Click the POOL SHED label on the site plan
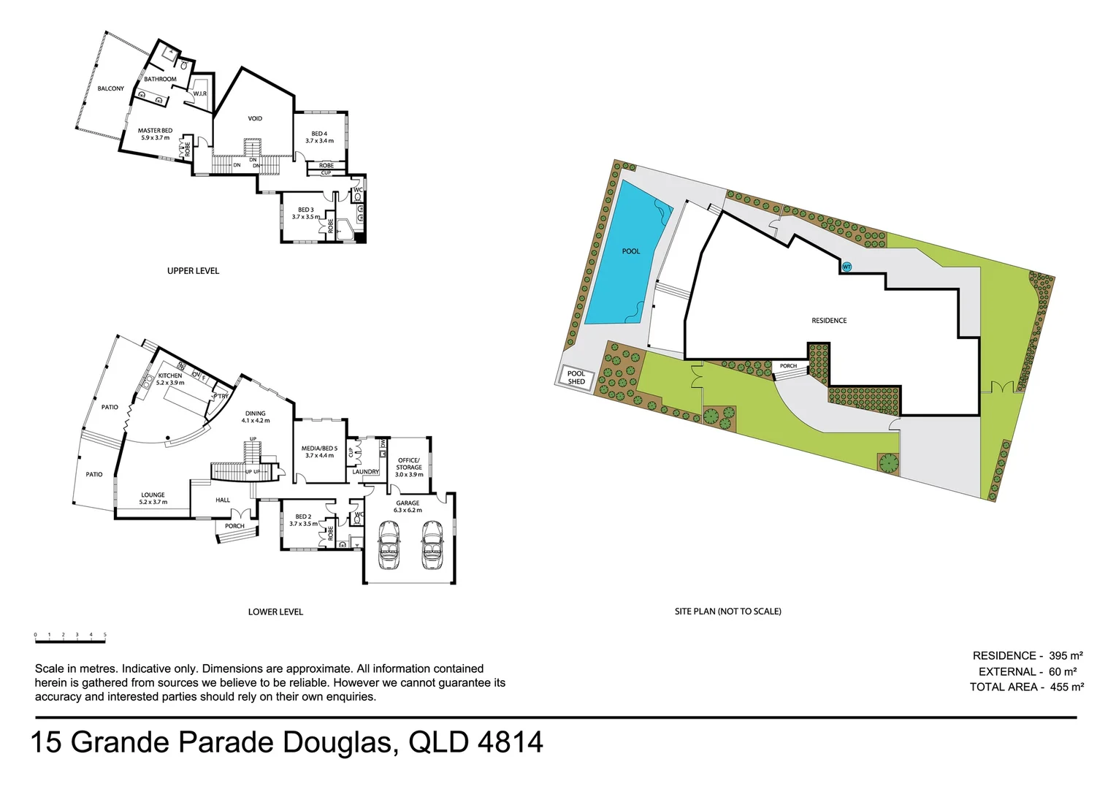tap(576, 378)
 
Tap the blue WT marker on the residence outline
tap(846, 267)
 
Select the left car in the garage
tap(388, 545)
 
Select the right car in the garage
tap(432, 545)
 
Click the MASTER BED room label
tap(155, 134)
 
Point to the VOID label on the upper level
tap(255, 118)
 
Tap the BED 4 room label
tap(319, 137)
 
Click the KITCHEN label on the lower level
tap(170, 378)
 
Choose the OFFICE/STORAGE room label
tap(409, 467)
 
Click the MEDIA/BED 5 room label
tap(319, 451)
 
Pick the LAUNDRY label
tap(366, 472)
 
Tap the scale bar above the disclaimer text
tap(70, 641)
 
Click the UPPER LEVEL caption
tap(193, 271)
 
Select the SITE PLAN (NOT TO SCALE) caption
tap(727, 611)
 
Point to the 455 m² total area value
tap(1066, 687)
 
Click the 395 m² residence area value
tap(1066, 656)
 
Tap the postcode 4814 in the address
tap(510, 742)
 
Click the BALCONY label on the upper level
tap(111, 88)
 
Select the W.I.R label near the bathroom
tap(200, 94)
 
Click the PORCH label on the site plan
tap(788, 366)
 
